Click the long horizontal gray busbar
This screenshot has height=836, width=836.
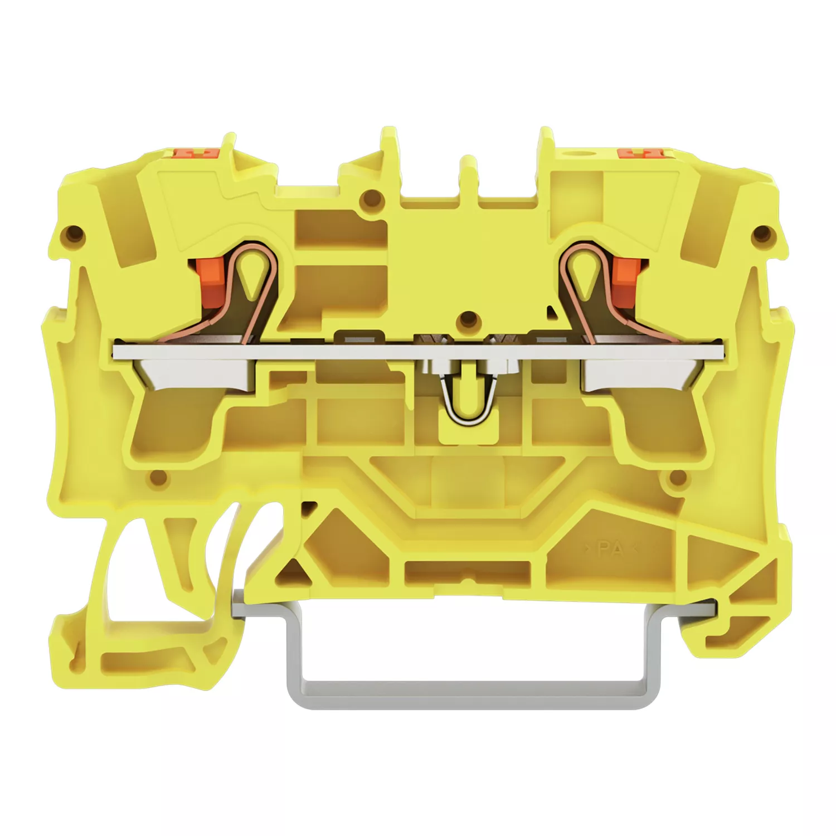point(418,351)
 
